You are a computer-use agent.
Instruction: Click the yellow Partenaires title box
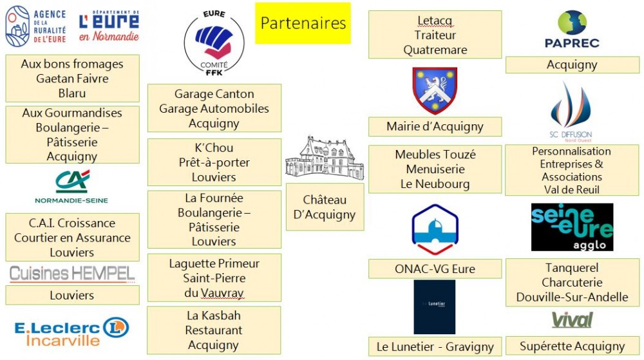[x=303, y=23]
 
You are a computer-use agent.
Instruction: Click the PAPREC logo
[x=571, y=29]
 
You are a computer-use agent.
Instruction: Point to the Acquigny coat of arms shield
[x=435, y=90]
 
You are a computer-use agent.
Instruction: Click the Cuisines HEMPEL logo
[x=72, y=274]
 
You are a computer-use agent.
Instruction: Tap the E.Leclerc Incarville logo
[x=71, y=331]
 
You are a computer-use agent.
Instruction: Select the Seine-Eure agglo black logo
[x=572, y=227]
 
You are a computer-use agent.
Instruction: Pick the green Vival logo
[x=572, y=320]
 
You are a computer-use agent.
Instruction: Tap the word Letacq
[x=435, y=21]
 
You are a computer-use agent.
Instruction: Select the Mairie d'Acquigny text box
[x=435, y=127]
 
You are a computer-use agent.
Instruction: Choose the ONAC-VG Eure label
[x=435, y=269]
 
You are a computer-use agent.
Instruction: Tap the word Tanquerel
[x=572, y=267]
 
